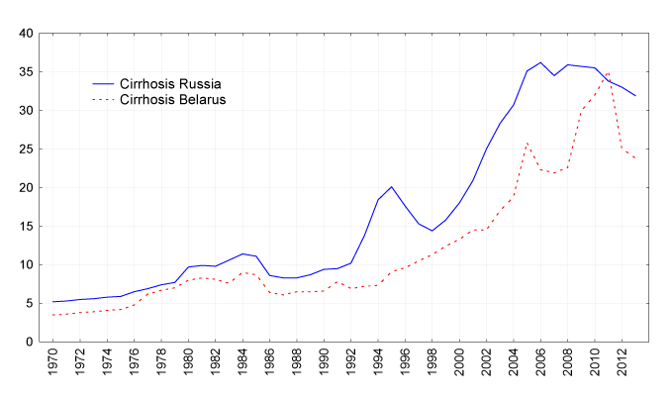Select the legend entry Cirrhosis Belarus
coord(173,100)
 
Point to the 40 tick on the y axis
coord(28,34)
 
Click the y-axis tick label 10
coord(28,265)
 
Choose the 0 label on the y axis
coord(31,343)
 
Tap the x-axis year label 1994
coord(379,367)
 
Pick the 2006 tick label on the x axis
coord(540,367)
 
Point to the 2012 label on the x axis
coord(622,367)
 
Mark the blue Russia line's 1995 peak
coord(392,186)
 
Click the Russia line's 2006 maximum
coord(540,62)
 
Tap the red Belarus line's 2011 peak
coord(608,72)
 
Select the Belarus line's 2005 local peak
coord(527,144)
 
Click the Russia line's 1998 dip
coord(432,231)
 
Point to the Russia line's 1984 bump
coord(243,253)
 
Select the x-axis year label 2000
coord(459,367)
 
